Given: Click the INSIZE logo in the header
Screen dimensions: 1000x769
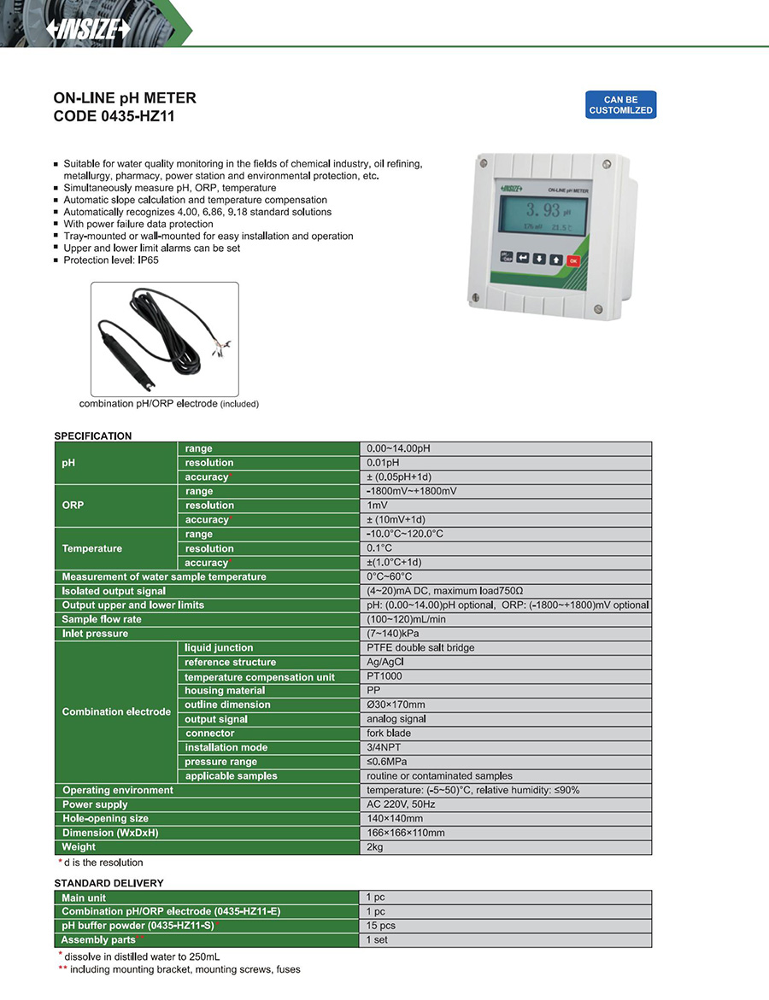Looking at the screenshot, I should point(89,28).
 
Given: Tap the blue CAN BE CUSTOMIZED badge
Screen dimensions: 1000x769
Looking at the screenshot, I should point(620,105).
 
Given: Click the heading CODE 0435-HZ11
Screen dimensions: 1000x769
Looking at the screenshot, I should point(114,117).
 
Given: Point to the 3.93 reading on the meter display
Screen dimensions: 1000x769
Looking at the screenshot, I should point(543,210).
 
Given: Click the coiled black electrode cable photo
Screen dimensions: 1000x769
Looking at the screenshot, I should point(165,339).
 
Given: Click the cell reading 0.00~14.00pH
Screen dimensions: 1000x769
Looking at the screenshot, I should point(398,448).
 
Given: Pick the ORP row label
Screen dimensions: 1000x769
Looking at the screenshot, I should point(73,506).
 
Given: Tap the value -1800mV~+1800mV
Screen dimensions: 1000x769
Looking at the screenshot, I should point(411,491).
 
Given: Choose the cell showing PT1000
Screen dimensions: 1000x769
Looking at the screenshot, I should point(384,676).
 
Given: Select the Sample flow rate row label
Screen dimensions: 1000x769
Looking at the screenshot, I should point(102,619).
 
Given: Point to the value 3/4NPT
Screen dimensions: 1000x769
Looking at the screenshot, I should point(384,747).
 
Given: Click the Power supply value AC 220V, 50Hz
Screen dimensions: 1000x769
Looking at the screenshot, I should point(401,804).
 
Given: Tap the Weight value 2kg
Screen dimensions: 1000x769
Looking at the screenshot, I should point(375,847).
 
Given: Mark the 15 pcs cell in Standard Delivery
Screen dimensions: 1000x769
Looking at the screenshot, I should point(380,926).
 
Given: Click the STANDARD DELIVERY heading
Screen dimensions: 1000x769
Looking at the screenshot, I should point(109,883).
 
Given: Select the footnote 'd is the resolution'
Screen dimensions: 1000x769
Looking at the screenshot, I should point(103,863).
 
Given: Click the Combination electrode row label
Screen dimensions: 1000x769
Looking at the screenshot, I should point(116,711).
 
